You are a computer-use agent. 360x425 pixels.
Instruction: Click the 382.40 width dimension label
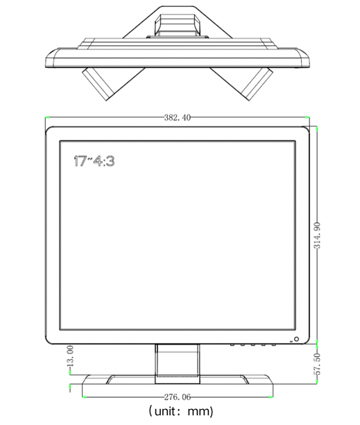(177, 117)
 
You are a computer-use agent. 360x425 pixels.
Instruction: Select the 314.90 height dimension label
(317, 235)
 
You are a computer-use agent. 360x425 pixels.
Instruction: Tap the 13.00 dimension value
(69, 356)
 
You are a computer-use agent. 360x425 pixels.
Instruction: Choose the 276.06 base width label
(177, 397)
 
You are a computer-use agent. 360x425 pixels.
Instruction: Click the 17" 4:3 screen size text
(94, 161)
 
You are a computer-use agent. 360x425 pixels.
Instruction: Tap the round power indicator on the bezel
(296, 340)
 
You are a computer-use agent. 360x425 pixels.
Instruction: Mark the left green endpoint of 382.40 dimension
(45, 117)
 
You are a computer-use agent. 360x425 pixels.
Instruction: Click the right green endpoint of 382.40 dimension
(309, 117)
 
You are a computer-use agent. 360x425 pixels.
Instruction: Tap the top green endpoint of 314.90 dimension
(317, 126)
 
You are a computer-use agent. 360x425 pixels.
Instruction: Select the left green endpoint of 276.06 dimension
(82, 397)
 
